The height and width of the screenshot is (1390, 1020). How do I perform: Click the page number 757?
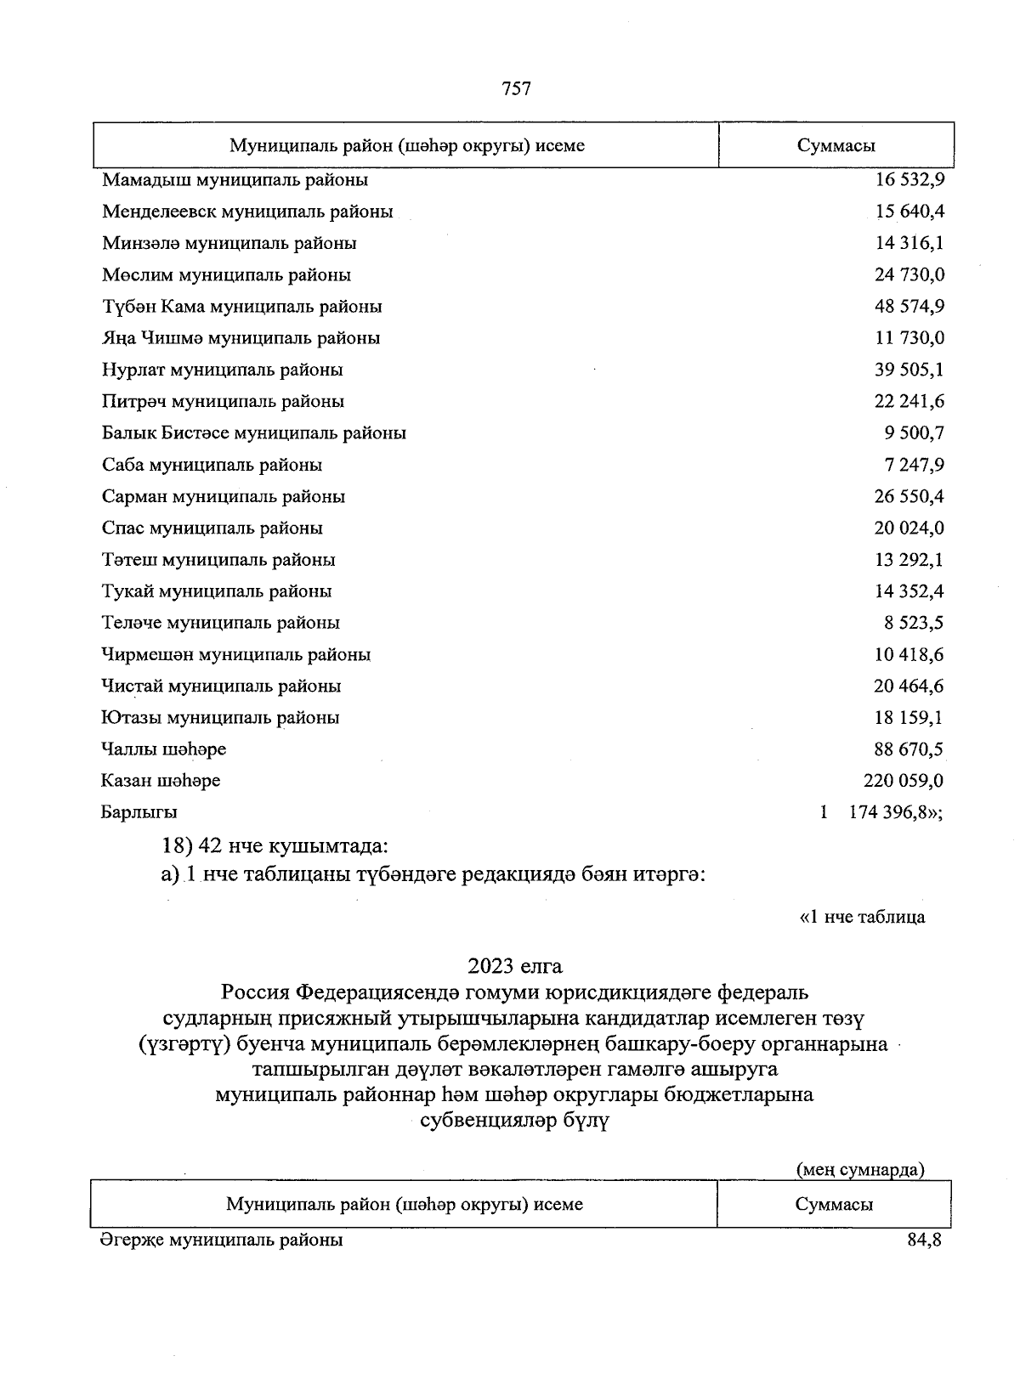pos(517,88)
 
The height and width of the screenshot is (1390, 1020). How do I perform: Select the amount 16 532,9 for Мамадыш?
pos(909,180)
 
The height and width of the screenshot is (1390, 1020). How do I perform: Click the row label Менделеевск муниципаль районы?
pos(247,212)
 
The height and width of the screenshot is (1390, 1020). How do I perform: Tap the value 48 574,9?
pos(909,306)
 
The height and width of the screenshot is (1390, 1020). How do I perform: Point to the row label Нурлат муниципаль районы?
pos(223,370)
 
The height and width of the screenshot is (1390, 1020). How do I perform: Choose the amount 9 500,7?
pos(914,432)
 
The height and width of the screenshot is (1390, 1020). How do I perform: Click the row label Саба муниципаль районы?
pos(212,465)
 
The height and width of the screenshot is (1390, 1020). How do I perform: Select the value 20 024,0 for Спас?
pos(909,528)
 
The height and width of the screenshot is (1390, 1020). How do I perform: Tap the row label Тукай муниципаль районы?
pos(217,590)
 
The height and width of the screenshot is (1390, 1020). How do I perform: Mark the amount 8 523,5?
pos(914,623)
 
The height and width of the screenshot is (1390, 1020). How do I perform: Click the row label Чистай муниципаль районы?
pos(221,686)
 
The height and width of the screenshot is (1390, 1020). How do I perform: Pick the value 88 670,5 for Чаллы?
pos(909,749)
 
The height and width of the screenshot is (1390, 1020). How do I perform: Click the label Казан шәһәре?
pos(161,780)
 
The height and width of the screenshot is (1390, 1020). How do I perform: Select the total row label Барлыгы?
pos(139,812)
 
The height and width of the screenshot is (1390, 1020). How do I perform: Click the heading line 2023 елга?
pos(514,966)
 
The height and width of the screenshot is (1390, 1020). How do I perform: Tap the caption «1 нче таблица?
pos(862,917)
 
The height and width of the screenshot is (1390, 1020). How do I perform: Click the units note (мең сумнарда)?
pos(859,1170)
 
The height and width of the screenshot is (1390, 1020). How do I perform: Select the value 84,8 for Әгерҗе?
pos(924,1240)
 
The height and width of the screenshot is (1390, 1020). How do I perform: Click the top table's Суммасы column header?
pos(836,145)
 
